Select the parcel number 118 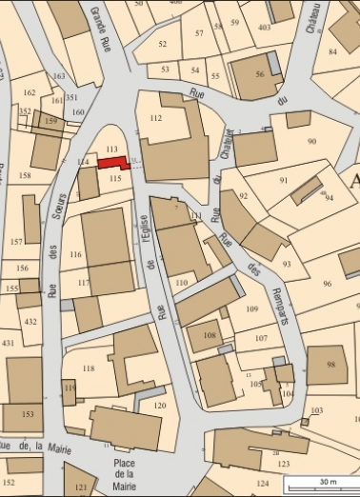89,368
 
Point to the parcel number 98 330,365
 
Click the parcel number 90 310,142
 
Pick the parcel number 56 259,74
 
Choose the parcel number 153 28,414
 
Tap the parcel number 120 159,406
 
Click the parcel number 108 210,336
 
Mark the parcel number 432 30,323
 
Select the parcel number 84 332,51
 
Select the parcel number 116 76,255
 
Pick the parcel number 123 283,464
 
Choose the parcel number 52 162,44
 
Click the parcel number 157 16,242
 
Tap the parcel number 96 327,284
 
